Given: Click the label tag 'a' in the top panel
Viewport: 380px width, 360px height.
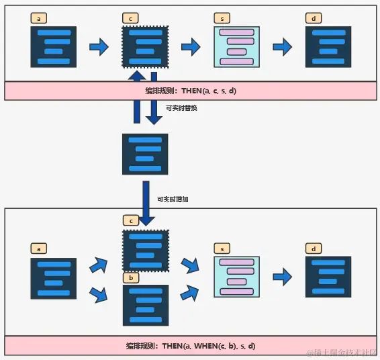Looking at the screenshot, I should (x=39, y=19).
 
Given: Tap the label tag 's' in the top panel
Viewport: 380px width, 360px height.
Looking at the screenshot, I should (x=222, y=19).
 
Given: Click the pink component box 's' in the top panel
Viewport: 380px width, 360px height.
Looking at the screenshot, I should (x=236, y=46).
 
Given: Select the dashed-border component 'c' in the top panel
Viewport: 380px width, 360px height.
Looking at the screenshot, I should (x=145, y=46).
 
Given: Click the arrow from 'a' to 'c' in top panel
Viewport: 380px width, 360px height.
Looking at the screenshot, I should (x=99, y=46).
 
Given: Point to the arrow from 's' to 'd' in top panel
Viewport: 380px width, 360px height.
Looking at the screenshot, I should (x=283, y=46).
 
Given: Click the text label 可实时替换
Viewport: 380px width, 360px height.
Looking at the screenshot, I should (x=181, y=107).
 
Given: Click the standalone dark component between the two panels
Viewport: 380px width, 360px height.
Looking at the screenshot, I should (x=144, y=154).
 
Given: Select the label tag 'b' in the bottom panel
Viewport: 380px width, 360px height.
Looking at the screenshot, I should (x=131, y=277).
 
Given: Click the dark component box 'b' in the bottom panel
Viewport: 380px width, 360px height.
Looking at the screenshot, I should (x=144, y=304).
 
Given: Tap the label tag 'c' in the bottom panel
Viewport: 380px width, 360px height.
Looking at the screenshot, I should (x=131, y=220).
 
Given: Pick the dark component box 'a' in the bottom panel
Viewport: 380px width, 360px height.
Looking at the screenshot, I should (x=53, y=277).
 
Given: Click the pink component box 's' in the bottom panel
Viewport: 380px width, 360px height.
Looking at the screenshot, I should (x=236, y=276).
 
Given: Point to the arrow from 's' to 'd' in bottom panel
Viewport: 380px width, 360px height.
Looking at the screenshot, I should (x=283, y=276).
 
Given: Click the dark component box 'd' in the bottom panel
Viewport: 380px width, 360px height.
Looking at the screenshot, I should (x=328, y=276).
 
